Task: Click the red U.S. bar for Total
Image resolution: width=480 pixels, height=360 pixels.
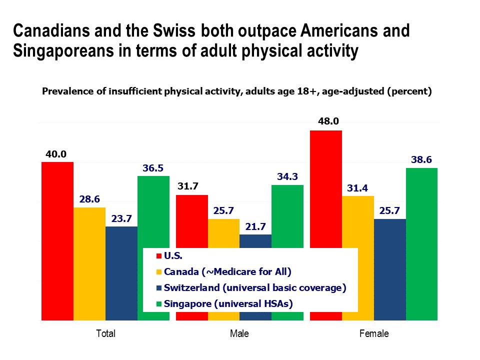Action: pos(57,240)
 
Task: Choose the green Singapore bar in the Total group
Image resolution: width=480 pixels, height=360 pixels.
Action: pos(153,210)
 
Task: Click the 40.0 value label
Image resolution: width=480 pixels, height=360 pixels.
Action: pos(56,153)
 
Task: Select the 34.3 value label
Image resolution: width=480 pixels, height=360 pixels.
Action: pos(287,176)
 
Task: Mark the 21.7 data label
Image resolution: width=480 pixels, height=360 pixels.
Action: pos(255,226)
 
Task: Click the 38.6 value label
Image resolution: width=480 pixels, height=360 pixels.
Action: pos(421,159)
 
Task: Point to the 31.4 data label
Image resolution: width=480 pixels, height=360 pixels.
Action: pos(357,187)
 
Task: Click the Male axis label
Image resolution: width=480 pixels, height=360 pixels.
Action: pos(239,333)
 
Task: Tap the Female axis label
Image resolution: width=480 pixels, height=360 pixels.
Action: pos(373,333)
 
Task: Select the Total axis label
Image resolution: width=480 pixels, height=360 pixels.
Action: pos(105,333)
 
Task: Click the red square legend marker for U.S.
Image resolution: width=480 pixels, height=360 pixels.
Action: pos(159,255)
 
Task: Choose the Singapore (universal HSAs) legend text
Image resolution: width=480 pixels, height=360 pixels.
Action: pos(228,303)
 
